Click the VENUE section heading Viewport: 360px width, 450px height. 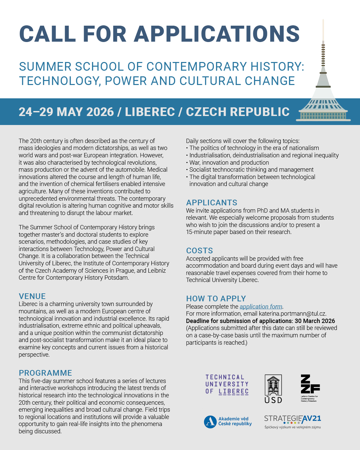[x=32, y=296]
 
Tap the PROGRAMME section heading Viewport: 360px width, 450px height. [x=45, y=373]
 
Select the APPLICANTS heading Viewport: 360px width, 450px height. [x=212, y=203]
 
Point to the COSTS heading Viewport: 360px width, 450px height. [x=199, y=251]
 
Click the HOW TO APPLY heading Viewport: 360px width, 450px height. [x=216, y=299]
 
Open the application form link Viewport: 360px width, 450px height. [x=261, y=307]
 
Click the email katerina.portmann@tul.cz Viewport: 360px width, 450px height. [x=292, y=314]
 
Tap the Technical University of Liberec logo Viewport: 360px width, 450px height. [x=227, y=384]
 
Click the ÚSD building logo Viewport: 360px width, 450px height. [x=273, y=389]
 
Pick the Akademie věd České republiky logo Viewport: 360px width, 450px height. [x=228, y=421]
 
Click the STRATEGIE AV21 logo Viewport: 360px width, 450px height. [x=292, y=421]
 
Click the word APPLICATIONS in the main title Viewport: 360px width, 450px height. [x=217, y=34]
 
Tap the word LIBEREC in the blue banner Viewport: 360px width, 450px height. [x=150, y=112]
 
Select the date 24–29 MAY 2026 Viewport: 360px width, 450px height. [x=66, y=112]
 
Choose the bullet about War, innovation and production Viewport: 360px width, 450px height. [x=229, y=163]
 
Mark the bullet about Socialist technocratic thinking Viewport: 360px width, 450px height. [x=251, y=170]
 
